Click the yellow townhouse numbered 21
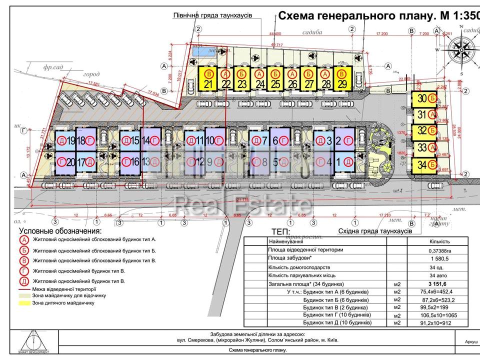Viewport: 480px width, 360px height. pyautogui.click(x=207, y=79)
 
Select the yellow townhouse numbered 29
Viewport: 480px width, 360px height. pyautogui.click(x=341, y=79)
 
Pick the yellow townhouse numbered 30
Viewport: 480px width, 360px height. pyautogui.click(x=423, y=99)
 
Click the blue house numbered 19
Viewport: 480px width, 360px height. pyautogui.click(x=64, y=140)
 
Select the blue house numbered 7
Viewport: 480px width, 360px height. pyautogui.click(x=259, y=140)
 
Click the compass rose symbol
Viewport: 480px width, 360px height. pyautogui.click(x=460, y=50)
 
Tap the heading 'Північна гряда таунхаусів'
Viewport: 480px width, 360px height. pyautogui.click(x=212, y=15)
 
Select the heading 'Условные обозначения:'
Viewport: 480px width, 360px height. pyautogui.click(x=60, y=231)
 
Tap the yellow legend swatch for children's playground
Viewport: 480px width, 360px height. pyautogui.click(x=24, y=303)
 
